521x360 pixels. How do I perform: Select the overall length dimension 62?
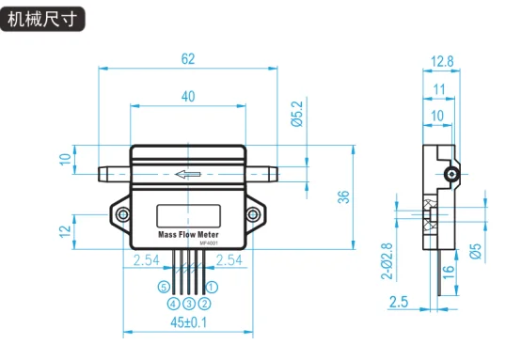tap(188, 59)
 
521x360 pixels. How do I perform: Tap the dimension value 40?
tap(188, 96)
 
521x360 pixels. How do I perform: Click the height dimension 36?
tap(344, 196)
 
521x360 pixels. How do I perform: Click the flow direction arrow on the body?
tap(188, 174)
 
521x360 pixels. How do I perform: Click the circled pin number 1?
tap(212, 287)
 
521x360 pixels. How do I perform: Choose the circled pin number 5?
tap(164, 287)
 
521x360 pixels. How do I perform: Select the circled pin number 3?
tap(188, 304)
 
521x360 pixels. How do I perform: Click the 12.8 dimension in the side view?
tap(442, 62)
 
